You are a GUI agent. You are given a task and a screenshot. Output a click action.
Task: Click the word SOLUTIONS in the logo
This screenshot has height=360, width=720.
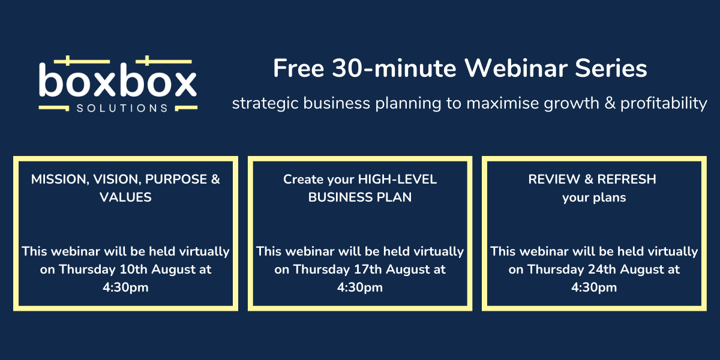coord(118,108)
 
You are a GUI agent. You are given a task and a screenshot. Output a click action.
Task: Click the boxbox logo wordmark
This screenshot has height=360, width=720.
coord(118,84)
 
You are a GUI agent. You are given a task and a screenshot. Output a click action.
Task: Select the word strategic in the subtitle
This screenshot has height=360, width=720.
coord(265,103)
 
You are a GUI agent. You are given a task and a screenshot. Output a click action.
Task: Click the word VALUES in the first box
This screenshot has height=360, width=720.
coord(125,197)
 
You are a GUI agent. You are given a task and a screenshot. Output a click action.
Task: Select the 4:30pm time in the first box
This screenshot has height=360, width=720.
coord(125,287)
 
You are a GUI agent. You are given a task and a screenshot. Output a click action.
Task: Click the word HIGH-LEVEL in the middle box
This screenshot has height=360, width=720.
coord(397,179)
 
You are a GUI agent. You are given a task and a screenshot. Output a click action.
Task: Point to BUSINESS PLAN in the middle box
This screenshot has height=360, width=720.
coord(360,197)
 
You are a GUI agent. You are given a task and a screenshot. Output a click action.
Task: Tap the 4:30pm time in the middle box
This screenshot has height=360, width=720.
coord(360,287)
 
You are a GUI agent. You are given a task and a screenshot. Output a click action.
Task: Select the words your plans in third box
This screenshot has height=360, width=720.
coord(594,197)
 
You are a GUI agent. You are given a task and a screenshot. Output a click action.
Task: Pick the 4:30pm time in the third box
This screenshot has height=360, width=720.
coord(594,287)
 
